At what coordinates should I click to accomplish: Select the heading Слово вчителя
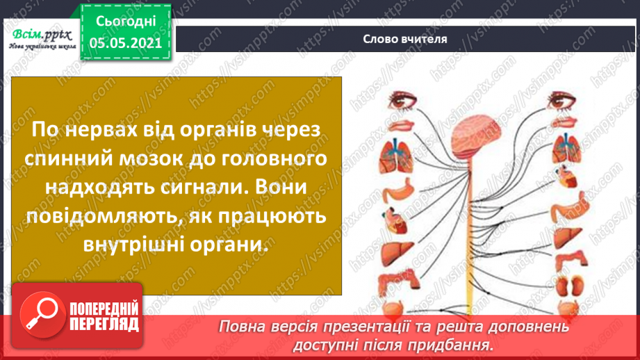tap(404, 39)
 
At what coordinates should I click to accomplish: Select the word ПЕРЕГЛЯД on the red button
tap(103, 324)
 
